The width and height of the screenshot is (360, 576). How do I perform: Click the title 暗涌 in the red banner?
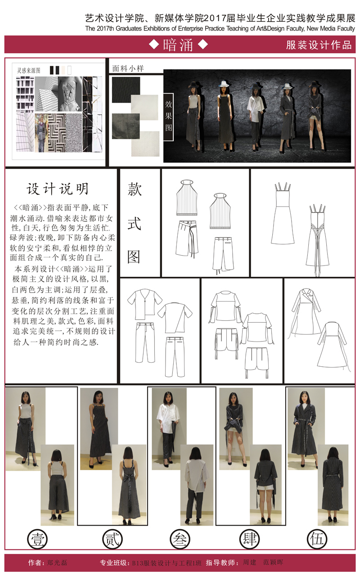178,45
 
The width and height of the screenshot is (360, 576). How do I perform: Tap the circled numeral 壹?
37,539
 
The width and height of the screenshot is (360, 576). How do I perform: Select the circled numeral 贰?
112,539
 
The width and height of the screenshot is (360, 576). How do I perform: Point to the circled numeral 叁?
180,539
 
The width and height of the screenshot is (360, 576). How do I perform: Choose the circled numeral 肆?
249,539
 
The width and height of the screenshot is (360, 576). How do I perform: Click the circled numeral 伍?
317,539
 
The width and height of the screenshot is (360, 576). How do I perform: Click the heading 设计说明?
58,189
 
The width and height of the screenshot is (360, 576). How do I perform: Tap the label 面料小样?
128,68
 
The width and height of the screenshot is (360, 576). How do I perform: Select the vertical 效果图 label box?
168,117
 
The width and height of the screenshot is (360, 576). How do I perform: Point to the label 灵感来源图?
28,71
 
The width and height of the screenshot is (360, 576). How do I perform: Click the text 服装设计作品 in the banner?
319,45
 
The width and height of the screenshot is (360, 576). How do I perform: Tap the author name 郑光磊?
57,562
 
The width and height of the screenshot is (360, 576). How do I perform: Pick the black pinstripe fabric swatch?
126,90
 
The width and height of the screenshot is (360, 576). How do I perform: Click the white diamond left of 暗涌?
154,45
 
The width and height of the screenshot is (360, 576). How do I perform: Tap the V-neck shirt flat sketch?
144,304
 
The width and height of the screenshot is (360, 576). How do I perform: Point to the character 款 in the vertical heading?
135,189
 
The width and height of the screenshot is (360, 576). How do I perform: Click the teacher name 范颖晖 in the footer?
273,562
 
